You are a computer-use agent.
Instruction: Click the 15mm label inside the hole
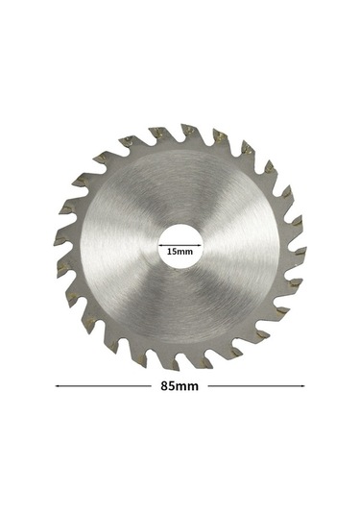(x=180, y=253)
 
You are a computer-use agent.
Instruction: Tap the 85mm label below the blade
(x=180, y=387)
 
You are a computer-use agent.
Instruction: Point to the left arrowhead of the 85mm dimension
(x=60, y=387)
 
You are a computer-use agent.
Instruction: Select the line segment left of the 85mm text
(x=107, y=387)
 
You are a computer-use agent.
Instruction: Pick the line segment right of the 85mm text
(x=254, y=387)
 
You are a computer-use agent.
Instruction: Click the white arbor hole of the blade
(x=180, y=235)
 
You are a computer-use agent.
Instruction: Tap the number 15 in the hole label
(x=173, y=253)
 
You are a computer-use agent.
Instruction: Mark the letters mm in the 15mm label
(x=185, y=253)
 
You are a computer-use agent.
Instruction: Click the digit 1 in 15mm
(x=170, y=253)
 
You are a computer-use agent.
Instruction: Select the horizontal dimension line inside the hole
(x=180, y=245)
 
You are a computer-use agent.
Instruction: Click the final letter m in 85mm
(x=194, y=387)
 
